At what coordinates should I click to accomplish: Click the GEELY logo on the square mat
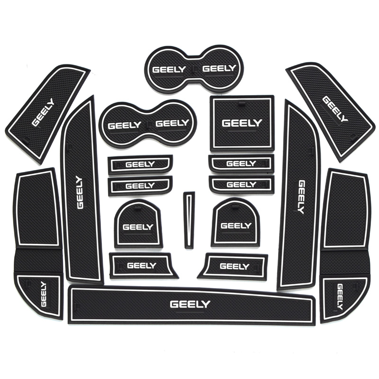pos(242,123)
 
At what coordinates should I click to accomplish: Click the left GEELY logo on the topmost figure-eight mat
pos(169,70)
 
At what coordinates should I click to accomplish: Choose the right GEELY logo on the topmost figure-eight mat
pos(219,69)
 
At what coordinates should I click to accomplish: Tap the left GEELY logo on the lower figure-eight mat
pos(125,126)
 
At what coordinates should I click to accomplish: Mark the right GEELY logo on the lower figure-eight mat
pos(172,124)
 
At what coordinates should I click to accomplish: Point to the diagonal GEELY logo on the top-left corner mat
pos(43,112)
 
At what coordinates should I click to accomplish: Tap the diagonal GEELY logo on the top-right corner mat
pos(334,109)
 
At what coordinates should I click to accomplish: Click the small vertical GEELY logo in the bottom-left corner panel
pos(44,294)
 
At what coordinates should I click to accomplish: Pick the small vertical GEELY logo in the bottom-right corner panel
pos(340,296)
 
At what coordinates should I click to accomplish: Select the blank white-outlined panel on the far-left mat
pos(36,208)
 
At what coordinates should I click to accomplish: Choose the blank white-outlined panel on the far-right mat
pos(346,209)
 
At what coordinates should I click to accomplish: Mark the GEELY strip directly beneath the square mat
pos(242,163)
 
